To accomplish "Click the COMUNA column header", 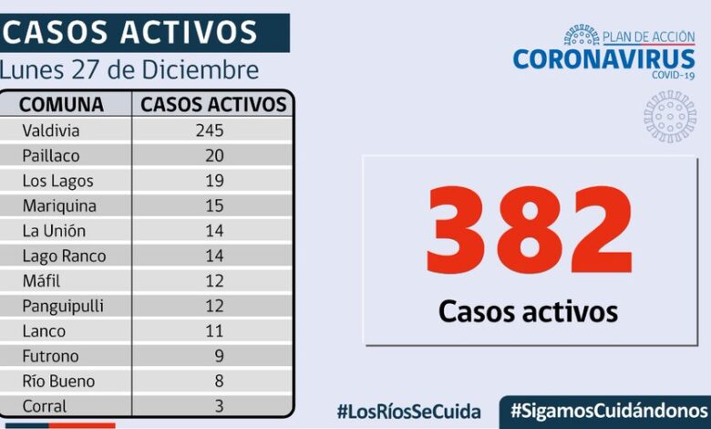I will (x=61, y=104).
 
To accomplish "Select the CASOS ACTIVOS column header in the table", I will (x=213, y=104).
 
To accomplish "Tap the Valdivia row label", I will (x=50, y=131).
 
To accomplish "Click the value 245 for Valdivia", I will (x=209, y=131).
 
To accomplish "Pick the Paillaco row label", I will (x=51, y=156).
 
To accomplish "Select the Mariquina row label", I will (x=59, y=206).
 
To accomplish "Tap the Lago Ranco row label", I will (x=64, y=256).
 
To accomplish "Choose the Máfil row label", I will (x=42, y=281).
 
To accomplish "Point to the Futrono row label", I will (x=50, y=356).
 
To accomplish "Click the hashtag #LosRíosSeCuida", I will (x=408, y=411).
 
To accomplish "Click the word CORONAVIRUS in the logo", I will (x=603, y=59).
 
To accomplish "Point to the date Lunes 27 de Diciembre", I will (x=129, y=69).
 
